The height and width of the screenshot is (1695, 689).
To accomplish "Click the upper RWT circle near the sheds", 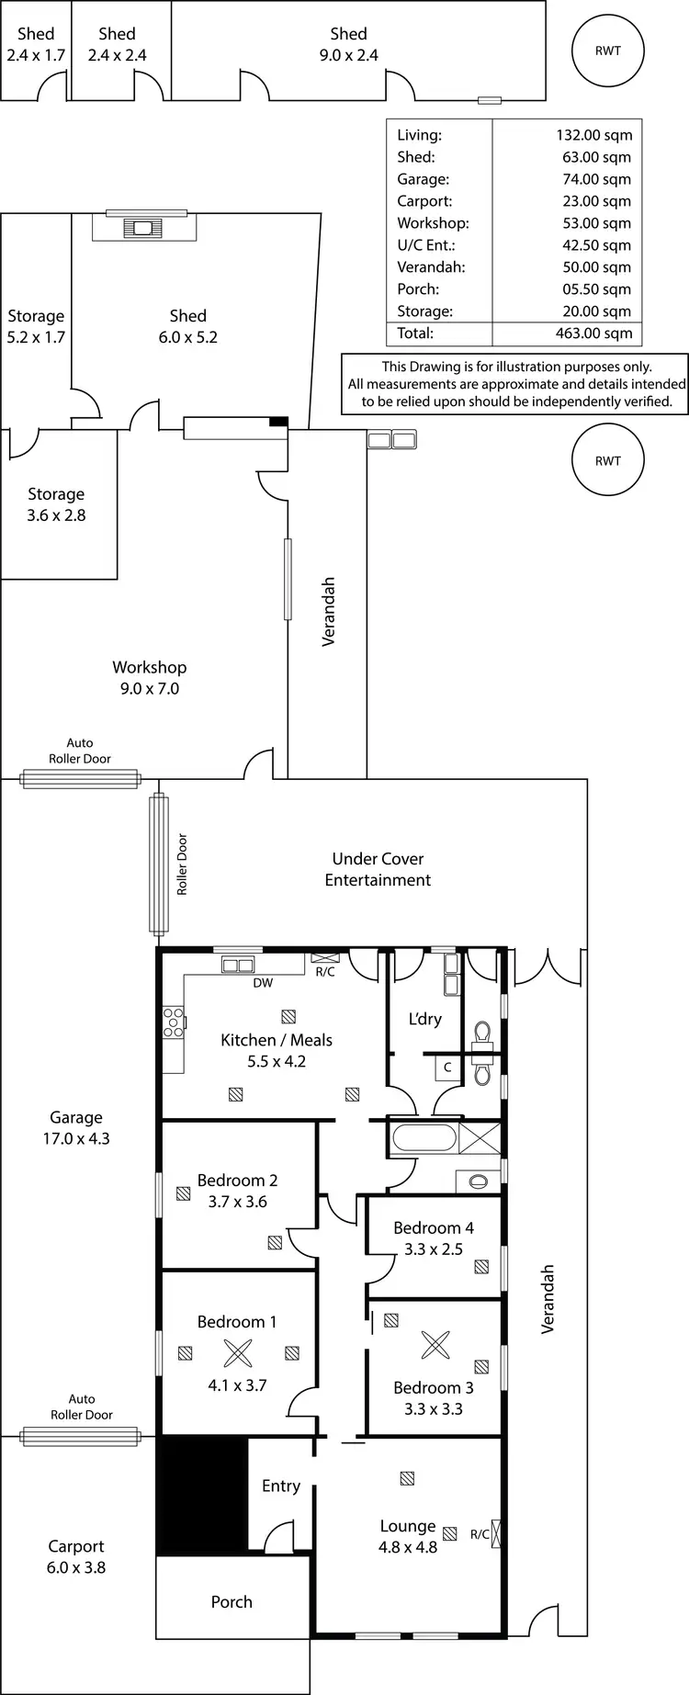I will point(607,51).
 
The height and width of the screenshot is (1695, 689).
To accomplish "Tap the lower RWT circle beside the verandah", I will point(607,461).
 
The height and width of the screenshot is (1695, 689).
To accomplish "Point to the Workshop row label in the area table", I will point(433,223).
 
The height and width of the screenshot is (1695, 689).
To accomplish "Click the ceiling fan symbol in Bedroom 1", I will point(238,1353).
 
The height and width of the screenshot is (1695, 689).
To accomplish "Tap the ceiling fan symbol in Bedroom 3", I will point(435,1345).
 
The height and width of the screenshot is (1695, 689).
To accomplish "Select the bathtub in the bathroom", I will point(424,1140).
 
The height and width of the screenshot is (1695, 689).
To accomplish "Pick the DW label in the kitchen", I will point(263,982).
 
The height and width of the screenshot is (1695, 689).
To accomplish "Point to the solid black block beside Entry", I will point(202,1495).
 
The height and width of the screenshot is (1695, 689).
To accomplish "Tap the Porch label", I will point(232,1601).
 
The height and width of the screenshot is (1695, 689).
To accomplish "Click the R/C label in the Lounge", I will point(480,1534).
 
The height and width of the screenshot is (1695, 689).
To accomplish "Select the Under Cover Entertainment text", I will point(378,869).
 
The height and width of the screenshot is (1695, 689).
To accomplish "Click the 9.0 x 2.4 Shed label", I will point(348,44).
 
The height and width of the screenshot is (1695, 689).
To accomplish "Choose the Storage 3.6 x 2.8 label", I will point(56,504).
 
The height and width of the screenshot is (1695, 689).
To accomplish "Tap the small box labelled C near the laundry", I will point(447,1068).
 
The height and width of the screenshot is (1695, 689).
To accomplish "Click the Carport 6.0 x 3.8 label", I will point(76,1556).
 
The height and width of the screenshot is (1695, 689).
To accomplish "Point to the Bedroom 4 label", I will point(434,1237).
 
